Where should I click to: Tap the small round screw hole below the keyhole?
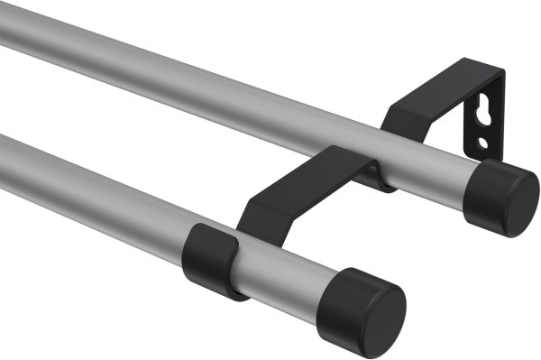[483, 143]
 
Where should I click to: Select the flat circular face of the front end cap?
[378, 314]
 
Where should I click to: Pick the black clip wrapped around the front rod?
[214, 256]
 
